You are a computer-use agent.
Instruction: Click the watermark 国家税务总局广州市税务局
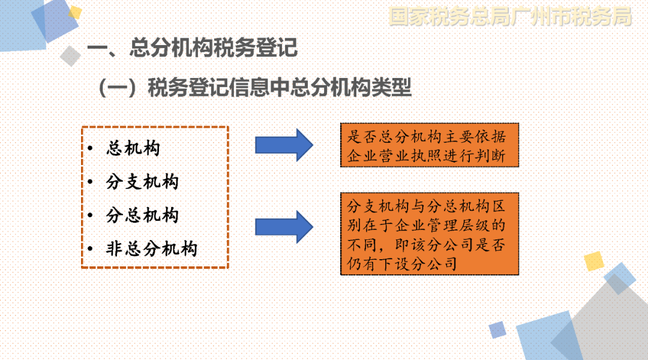pos(511,17)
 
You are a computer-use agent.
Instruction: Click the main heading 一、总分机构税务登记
pos(192,47)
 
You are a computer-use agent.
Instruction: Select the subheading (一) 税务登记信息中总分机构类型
pos(255,87)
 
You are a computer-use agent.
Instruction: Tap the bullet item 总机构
pos(133,148)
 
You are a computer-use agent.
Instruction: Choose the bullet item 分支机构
pos(142,182)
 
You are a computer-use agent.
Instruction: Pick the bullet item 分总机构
pos(142,215)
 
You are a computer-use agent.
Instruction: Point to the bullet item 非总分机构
pos(152,249)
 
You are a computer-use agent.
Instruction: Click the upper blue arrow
pos(284,145)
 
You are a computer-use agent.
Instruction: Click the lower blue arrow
pos(284,227)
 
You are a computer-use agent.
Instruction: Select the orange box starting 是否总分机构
pos(430,145)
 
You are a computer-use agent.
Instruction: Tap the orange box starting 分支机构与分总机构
pos(430,234)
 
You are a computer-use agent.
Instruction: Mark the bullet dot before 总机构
pos(91,148)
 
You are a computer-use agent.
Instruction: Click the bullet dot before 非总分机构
pos(91,249)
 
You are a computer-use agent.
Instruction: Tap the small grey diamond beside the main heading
pos(70,56)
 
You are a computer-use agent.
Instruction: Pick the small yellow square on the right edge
pos(594,261)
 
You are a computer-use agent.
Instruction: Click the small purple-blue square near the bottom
pos(497,330)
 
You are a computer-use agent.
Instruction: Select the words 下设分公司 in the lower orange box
pos(418,263)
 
